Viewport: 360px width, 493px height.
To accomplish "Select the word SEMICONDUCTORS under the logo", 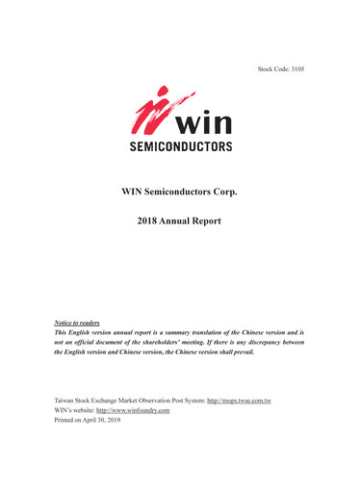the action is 180,147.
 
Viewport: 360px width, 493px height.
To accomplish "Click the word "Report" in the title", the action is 207,221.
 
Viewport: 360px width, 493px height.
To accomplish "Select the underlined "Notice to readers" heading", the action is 77,322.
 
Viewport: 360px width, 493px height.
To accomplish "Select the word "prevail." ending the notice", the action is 242,352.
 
